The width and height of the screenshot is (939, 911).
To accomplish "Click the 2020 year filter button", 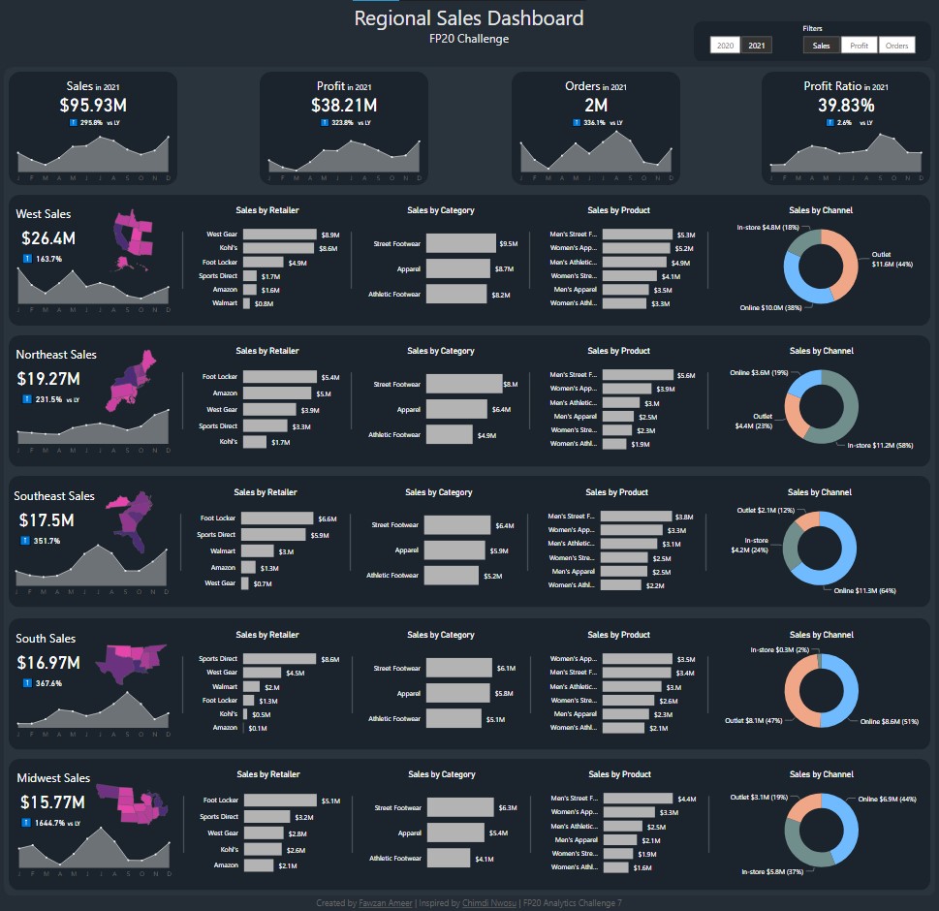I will coord(723,46).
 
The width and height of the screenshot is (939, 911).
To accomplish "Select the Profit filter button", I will coord(858,46).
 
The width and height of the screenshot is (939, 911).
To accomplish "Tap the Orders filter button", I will coord(896,46).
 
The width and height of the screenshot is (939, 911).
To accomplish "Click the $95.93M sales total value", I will coord(93,105).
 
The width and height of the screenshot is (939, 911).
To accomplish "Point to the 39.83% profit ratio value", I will coord(846,105).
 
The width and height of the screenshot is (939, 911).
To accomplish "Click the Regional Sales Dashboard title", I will coord(469,18).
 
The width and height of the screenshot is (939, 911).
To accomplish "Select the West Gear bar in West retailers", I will coord(279,235).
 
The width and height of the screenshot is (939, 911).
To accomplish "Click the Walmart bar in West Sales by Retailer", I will coord(246,303).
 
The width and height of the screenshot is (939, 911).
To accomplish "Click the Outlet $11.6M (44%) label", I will coord(892,259).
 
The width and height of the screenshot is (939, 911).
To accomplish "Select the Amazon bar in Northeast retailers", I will coord(277,393).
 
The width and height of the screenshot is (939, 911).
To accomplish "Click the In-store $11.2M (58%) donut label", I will coord(880,445).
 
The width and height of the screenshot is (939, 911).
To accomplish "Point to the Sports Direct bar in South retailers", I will coord(279,659).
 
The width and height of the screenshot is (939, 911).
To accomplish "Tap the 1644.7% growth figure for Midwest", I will coord(47,823).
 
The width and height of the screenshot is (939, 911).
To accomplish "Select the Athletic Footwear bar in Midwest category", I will coord(448,858).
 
